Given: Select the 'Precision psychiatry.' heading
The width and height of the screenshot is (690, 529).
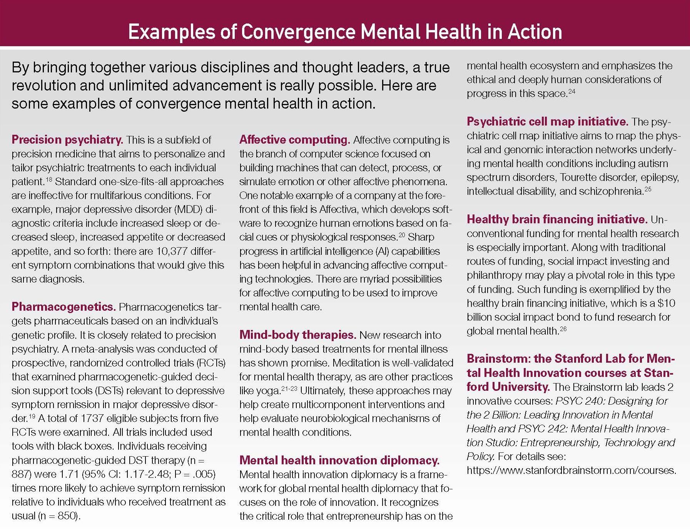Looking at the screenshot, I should tap(67, 139).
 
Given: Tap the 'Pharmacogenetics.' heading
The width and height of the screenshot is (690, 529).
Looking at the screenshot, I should tap(63, 306).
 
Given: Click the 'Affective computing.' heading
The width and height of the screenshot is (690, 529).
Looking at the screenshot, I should tap(294, 139).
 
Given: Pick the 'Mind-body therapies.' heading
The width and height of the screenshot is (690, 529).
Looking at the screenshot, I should tap(297, 335).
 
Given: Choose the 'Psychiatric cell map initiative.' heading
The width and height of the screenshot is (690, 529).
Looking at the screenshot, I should tap(547, 122).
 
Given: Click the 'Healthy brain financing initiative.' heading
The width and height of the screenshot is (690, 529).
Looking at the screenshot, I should tap(557, 219).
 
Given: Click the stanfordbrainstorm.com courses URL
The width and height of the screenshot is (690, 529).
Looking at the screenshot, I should tap(571, 470).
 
